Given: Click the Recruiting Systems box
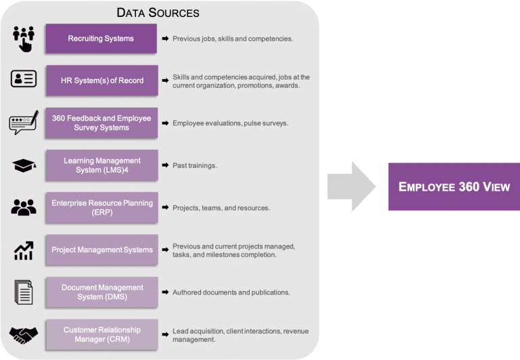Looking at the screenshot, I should [x=102, y=39].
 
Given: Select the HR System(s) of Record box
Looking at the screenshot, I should [x=102, y=81].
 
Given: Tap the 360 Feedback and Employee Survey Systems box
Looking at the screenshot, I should [x=102, y=122].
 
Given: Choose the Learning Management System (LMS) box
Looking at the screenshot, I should [x=102, y=165].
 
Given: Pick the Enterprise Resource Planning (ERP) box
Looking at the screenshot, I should [x=102, y=207].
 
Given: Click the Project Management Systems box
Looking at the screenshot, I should [x=102, y=250].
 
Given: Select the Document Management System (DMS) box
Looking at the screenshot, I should [x=102, y=292].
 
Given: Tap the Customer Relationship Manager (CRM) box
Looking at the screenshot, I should [x=102, y=334].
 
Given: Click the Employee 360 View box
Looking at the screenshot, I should [x=454, y=186].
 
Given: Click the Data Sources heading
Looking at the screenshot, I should [x=158, y=12].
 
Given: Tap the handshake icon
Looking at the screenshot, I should [x=24, y=335].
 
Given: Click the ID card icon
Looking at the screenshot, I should [x=24, y=79].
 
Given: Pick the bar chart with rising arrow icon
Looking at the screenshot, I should [x=24, y=250].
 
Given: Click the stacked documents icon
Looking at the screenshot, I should [x=24, y=292].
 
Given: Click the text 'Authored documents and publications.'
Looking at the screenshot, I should [x=231, y=292].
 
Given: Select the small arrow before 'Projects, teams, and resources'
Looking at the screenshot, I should [x=165, y=208].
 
